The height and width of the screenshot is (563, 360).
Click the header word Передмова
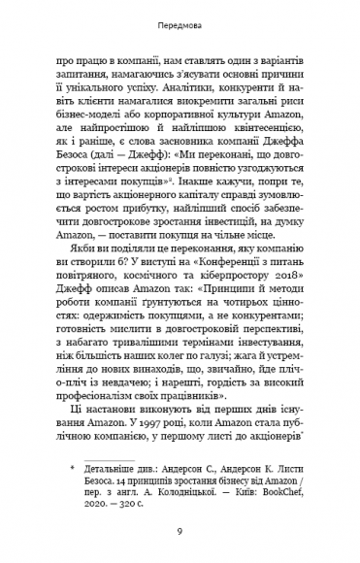pyautogui.click(x=180, y=21)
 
